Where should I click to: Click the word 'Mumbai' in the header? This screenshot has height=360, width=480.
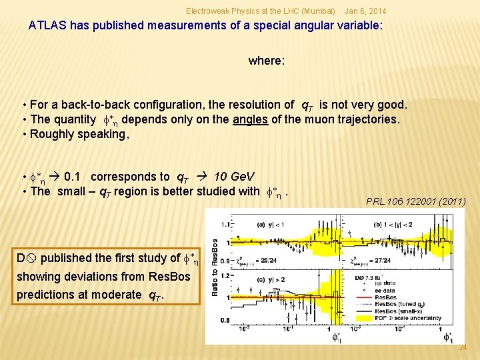tap(318, 12)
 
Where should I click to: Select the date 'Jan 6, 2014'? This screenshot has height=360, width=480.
tap(364, 12)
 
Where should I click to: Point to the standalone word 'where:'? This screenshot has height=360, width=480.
tap(267, 61)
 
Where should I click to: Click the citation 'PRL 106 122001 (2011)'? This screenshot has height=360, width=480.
tap(416, 201)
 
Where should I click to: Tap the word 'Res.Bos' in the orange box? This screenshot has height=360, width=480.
tap(170, 276)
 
